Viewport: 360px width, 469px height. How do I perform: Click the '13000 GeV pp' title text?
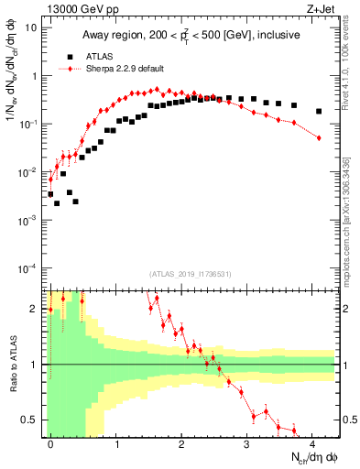point(79,7)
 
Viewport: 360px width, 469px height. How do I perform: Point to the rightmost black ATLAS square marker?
point(318,112)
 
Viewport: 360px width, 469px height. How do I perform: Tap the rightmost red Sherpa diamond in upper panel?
point(319,137)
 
